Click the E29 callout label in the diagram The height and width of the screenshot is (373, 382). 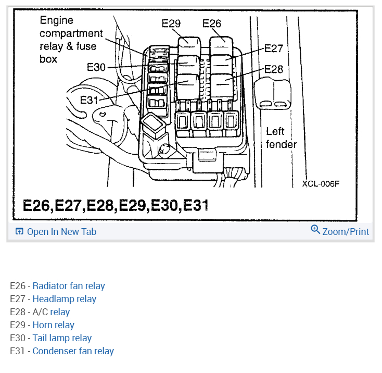[x=171, y=23]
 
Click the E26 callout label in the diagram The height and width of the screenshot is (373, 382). [x=212, y=23]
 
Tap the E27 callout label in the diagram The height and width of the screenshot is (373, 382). [x=274, y=48]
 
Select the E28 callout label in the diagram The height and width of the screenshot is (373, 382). [x=274, y=69]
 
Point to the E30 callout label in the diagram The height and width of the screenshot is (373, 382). [x=96, y=67]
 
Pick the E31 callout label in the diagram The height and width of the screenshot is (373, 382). [x=90, y=100]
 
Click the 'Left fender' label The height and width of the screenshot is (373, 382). [x=281, y=138]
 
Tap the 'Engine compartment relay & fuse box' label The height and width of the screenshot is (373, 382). [x=71, y=40]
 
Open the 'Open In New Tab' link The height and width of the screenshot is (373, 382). [x=61, y=232]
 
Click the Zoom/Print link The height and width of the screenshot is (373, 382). [x=346, y=232]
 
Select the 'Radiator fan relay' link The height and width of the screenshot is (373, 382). [x=69, y=286]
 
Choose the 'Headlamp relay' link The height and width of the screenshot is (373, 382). [x=65, y=299]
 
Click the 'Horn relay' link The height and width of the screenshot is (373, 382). [x=54, y=325]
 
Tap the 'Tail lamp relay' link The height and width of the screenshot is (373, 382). [x=62, y=338]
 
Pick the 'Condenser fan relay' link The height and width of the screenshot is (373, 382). [x=73, y=351]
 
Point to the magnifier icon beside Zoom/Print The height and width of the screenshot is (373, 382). [x=315, y=230]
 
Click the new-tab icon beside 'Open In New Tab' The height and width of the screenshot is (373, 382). [x=19, y=232]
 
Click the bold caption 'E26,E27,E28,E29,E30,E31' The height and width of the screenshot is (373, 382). [x=116, y=205]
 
